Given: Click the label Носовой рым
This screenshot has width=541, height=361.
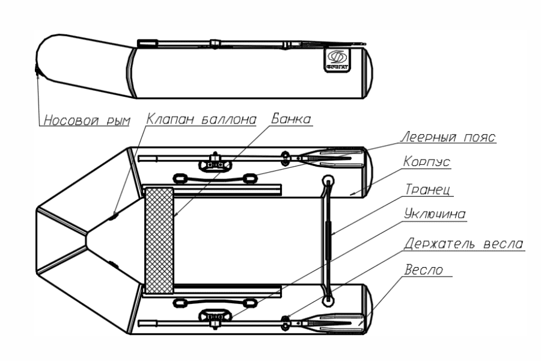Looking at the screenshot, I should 85,121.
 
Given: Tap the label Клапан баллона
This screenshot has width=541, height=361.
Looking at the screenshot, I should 200,119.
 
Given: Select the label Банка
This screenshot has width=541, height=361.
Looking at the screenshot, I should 291,119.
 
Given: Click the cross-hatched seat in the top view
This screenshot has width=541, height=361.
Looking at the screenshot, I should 159,239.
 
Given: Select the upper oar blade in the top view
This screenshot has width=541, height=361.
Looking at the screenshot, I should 339,158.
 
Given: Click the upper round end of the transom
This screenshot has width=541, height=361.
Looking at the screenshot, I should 328,180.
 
